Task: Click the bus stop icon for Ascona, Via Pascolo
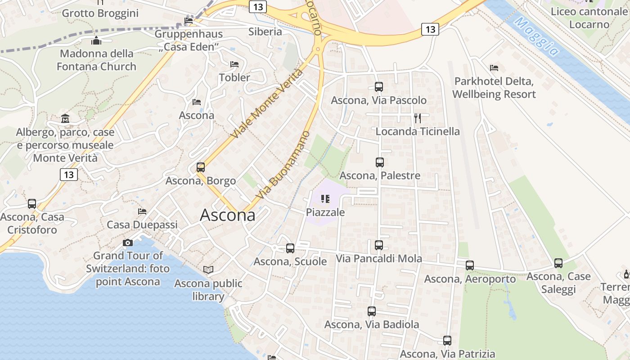(x=379, y=87)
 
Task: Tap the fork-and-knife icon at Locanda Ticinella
(x=418, y=118)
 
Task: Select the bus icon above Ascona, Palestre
(x=380, y=162)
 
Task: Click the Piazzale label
(x=325, y=212)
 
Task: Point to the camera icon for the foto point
(x=128, y=243)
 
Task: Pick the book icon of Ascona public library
(x=208, y=270)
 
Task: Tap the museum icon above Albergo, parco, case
(x=65, y=119)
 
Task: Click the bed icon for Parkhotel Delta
(x=494, y=68)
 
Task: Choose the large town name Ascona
(x=227, y=215)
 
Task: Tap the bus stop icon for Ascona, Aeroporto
(x=470, y=265)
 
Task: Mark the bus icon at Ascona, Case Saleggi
(x=558, y=263)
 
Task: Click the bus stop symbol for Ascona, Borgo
(x=201, y=168)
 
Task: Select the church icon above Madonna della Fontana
(x=96, y=41)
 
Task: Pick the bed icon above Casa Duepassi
(x=142, y=211)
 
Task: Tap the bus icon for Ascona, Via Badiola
(x=372, y=311)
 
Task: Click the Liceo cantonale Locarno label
(x=589, y=18)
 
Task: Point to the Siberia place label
(x=265, y=31)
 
